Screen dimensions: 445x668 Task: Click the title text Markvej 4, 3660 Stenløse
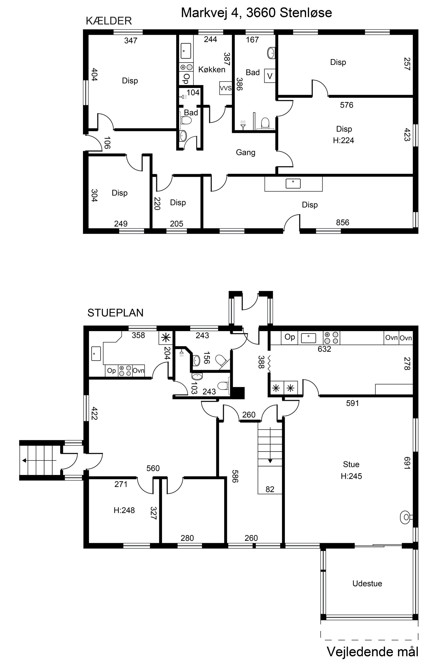pos(256,13)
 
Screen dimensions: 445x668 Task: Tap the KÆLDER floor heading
pos(109,21)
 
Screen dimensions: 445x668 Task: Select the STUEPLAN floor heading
pos(115,313)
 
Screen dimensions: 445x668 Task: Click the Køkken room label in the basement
pos(212,70)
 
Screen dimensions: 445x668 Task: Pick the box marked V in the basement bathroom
pos(270,76)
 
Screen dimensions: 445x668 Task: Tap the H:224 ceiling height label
pos(343,140)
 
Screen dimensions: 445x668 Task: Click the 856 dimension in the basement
pos(342,223)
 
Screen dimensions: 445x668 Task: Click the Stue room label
pos(351,464)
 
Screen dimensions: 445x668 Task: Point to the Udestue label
pos(367,584)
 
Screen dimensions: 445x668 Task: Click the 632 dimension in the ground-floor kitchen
pos(324,349)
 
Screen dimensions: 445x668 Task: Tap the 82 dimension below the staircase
pos(270,489)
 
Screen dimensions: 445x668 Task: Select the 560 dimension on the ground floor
pos(153,468)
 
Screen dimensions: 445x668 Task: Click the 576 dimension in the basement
pos(347,105)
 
